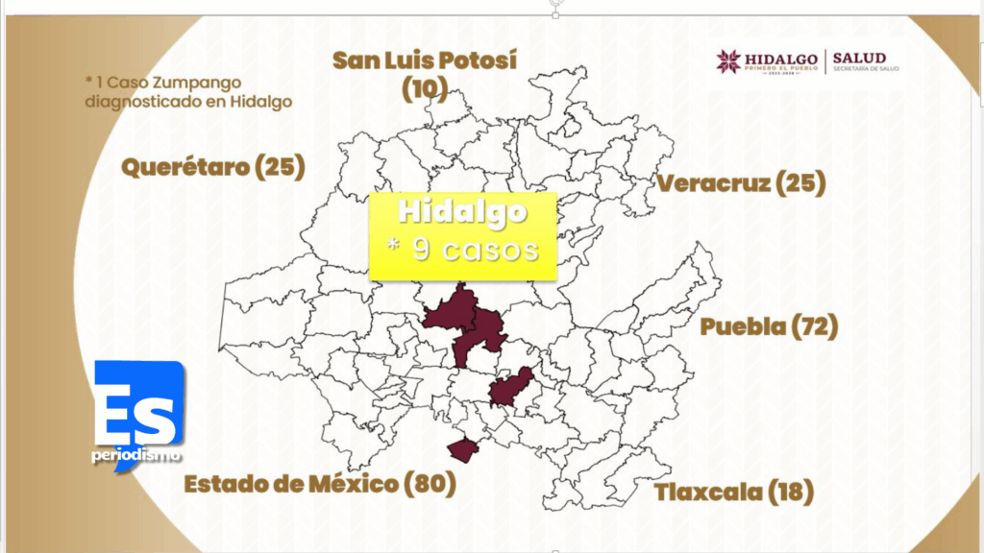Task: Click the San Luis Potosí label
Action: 425,60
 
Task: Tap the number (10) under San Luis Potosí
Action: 424,89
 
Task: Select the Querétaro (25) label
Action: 212,167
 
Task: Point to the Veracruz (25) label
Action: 740,182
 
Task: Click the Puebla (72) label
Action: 769,326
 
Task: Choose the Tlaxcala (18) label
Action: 734,493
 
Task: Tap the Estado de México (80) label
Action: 320,483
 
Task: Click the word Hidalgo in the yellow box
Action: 463,212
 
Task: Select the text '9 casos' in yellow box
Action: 475,250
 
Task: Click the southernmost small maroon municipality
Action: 463,449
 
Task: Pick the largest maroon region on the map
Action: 466,323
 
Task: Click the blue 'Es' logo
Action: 138,403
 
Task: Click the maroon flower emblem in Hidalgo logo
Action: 728,61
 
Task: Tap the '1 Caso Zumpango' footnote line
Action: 163,83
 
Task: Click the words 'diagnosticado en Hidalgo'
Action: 188,101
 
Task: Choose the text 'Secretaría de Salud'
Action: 865,70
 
